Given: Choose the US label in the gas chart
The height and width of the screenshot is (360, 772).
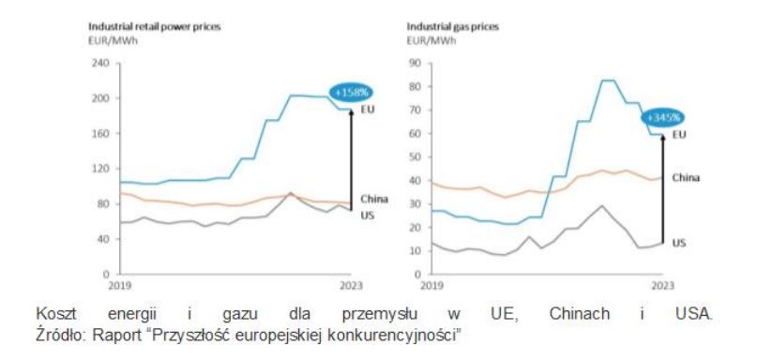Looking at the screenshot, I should click(681, 242).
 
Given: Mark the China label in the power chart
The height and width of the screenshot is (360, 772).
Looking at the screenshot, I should click(372, 198).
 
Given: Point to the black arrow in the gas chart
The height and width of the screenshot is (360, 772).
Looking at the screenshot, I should click(662, 187).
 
